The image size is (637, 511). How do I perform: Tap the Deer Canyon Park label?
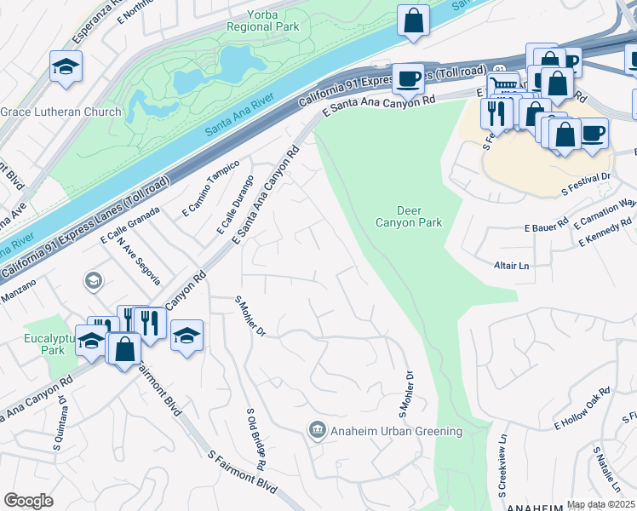(409, 216)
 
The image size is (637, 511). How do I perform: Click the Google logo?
(28, 501)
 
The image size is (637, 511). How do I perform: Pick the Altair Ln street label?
(511, 266)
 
